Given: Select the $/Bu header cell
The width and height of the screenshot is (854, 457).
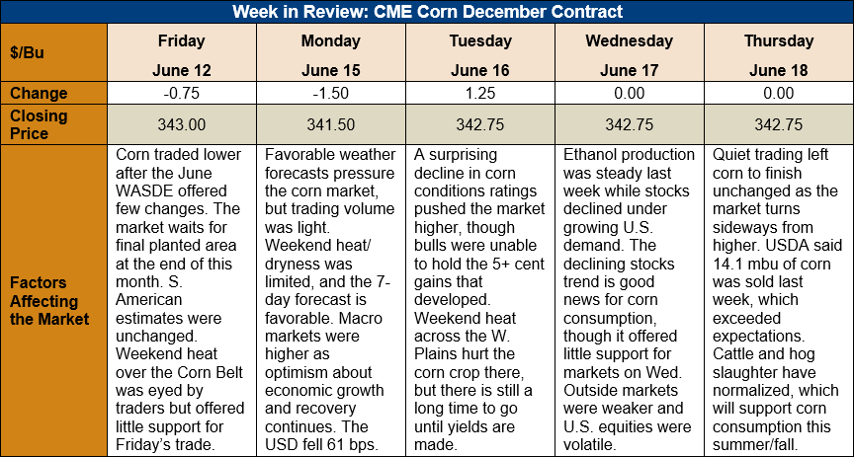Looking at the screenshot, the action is (27, 53).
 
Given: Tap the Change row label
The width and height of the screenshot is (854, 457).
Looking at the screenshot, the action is (39, 93).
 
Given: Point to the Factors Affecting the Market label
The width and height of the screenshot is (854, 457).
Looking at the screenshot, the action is (49, 301).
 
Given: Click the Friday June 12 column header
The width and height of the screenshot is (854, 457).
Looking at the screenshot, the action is (181, 55).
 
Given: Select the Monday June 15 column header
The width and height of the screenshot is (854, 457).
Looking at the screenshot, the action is (330, 55).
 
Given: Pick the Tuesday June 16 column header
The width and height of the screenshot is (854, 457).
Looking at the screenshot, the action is (479, 55).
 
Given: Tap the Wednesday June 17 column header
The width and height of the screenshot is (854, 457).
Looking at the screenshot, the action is (629, 55).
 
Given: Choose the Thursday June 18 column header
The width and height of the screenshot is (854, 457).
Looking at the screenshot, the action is (778, 55).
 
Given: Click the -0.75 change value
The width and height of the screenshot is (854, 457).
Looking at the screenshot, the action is (181, 94).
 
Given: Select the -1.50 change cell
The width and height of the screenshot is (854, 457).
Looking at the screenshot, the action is (330, 94).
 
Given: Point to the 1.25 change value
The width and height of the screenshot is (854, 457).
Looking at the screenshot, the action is (479, 94).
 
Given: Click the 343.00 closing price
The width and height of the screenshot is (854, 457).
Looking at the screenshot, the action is (181, 124).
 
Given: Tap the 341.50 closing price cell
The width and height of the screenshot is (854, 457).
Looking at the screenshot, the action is (330, 124).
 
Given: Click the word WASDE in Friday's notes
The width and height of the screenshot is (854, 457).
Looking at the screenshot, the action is (143, 191).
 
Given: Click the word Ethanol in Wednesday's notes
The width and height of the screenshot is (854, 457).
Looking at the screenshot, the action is (591, 155).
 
